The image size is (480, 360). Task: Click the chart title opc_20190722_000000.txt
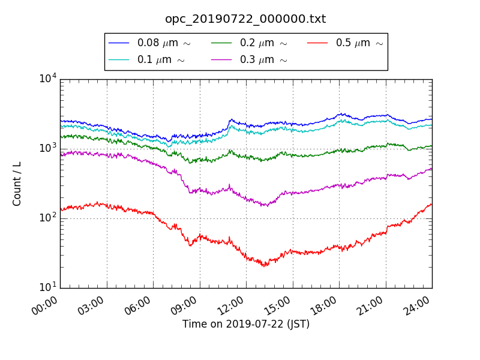pyautogui.click(x=245, y=19)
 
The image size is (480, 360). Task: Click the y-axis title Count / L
pyautogui.click(x=17, y=184)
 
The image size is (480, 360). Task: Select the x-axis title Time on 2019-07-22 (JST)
pyautogui.click(x=246, y=325)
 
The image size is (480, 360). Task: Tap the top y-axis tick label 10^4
pyautogui.click(x=48, y=79)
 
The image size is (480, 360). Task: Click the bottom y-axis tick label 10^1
pyautogui.click(x=48, y=287)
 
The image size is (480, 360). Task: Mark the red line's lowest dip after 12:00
pyautogui.click(x=264, y=265)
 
